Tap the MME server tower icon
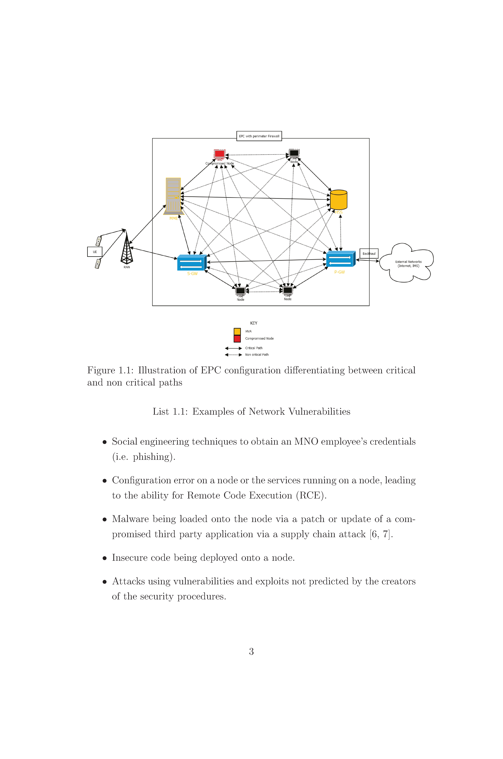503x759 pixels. coord(173,196)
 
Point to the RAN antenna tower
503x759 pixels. coord(127,247)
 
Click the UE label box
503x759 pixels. coord(95,252)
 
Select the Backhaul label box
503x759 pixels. coord(369,254)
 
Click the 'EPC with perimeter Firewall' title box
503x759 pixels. coord(259,136)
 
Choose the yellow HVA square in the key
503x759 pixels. coord(237,331)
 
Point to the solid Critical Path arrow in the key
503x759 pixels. coord(233,348)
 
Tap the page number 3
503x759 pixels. coord(251,651)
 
